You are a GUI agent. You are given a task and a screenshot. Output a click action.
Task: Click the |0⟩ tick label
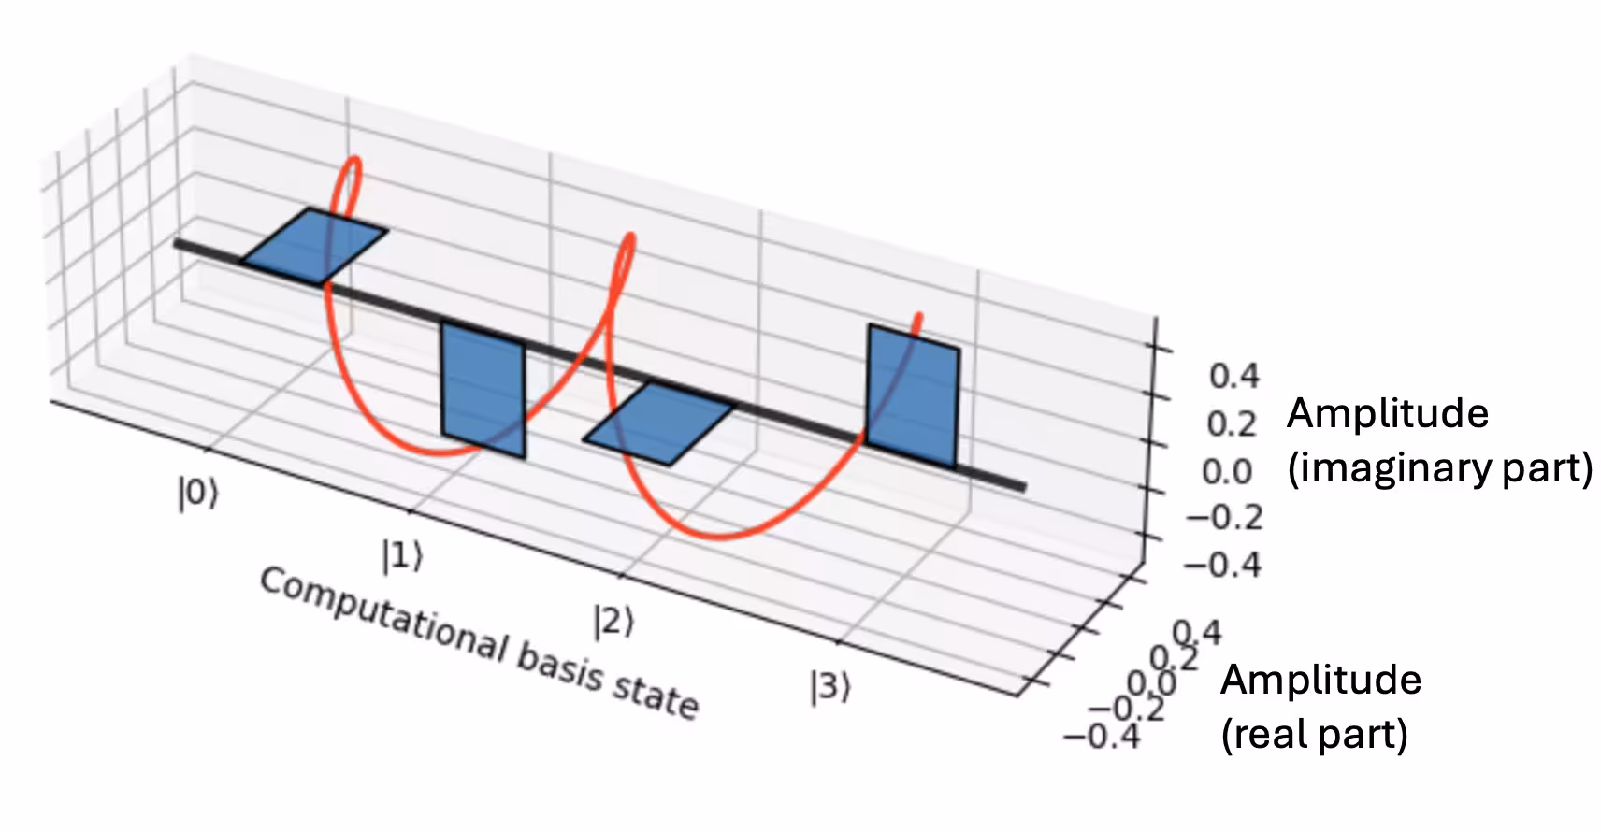[197, 493]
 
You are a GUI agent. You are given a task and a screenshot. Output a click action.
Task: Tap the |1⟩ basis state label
[402, 556]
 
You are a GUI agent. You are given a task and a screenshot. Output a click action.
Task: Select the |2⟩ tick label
[613, 620]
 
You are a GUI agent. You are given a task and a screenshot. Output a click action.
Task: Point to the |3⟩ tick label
[830, 687]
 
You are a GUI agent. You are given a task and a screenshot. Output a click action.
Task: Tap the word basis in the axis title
[559, 669]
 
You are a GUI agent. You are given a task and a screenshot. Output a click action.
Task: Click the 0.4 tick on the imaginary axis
[1234, 376]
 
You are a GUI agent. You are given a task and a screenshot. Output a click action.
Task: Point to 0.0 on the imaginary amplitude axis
[1227, 471]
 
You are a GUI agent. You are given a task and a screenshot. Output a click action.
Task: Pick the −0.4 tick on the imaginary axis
[1222, 565]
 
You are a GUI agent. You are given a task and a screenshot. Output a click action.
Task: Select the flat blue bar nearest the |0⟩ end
[314, 246]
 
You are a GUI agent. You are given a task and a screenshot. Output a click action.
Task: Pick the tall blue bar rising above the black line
[913, 395]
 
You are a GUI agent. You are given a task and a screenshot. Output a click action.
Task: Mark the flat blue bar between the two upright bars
[659, 423]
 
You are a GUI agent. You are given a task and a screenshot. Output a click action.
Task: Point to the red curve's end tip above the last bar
[920, 317]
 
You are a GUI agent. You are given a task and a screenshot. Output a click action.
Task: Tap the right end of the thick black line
[1022, 486]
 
